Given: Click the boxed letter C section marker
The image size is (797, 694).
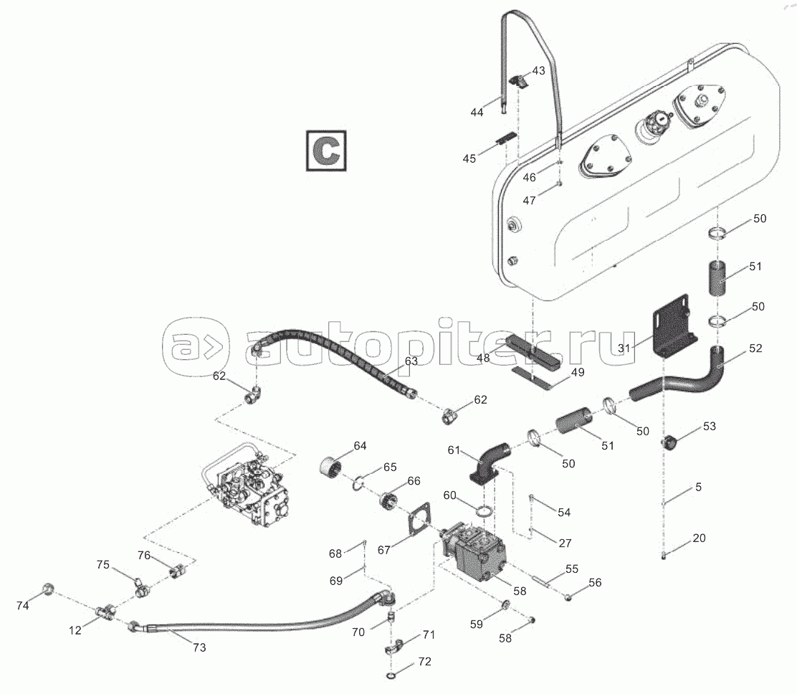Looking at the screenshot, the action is point(326,151).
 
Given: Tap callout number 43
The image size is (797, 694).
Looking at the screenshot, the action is point(538,71).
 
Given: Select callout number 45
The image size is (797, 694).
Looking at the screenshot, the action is point(469,158).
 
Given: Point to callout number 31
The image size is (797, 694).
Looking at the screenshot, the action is point(624,348).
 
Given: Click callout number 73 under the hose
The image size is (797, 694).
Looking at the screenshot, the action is point(199,647).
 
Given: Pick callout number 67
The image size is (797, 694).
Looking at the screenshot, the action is point(383,550).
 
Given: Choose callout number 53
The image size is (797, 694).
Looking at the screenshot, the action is point(709,426).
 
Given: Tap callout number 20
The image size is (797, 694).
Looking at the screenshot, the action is point(699,538).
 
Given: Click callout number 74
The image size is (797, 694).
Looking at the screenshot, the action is point(22,606).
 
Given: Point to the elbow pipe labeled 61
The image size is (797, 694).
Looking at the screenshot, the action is point(489,461).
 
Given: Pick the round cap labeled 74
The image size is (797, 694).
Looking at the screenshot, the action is point(47,589).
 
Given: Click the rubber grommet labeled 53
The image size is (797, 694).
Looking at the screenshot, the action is point(669,442).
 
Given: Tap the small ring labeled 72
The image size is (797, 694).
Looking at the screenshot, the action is point(392,675).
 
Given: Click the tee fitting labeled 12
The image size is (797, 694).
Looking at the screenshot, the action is point(105,611).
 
